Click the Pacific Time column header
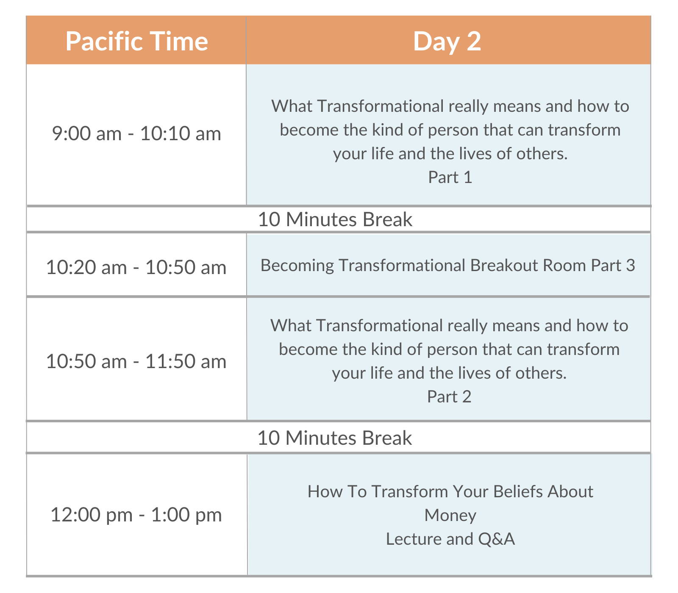(x=136, y=41)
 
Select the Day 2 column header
(x=448, y=41)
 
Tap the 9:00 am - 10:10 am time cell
(x=136, y=134)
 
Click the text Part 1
(x=450, y=177)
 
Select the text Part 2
(x=449, y=396)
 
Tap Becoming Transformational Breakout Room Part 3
(x=448, y=266)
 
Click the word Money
(x=450, y=515)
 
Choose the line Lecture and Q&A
(x=450, y=539)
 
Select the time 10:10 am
(x=181, y=134)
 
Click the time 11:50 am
(x=186, y=362)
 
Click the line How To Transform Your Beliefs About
(x=450, y=491)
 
